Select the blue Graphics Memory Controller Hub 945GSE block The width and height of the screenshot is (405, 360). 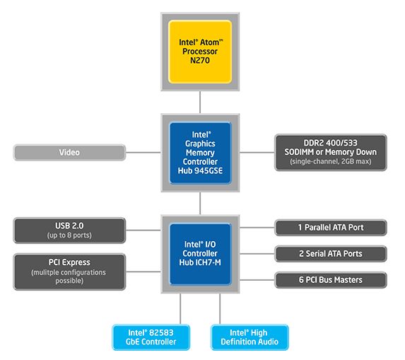point(200,152)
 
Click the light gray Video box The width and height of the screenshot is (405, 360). point(69,152)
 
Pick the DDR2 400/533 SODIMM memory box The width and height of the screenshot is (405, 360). point(331,152)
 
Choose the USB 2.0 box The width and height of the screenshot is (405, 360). point(69,230)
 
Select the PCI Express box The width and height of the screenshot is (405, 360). point(69,272)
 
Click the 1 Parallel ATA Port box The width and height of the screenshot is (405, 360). point(331,228)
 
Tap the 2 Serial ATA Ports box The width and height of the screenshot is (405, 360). point(331,254)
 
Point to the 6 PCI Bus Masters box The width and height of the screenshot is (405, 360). point(331,279)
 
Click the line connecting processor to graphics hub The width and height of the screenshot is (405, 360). point(200,101)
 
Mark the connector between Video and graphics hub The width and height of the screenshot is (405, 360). point(143,152)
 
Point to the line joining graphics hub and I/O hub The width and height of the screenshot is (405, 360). point(200,204)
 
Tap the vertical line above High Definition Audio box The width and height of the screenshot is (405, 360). point(220,309)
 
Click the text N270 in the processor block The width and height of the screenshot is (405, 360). point(200,62)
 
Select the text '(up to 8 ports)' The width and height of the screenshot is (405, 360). point(69,235)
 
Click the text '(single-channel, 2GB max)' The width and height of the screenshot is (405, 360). point(331,162)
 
